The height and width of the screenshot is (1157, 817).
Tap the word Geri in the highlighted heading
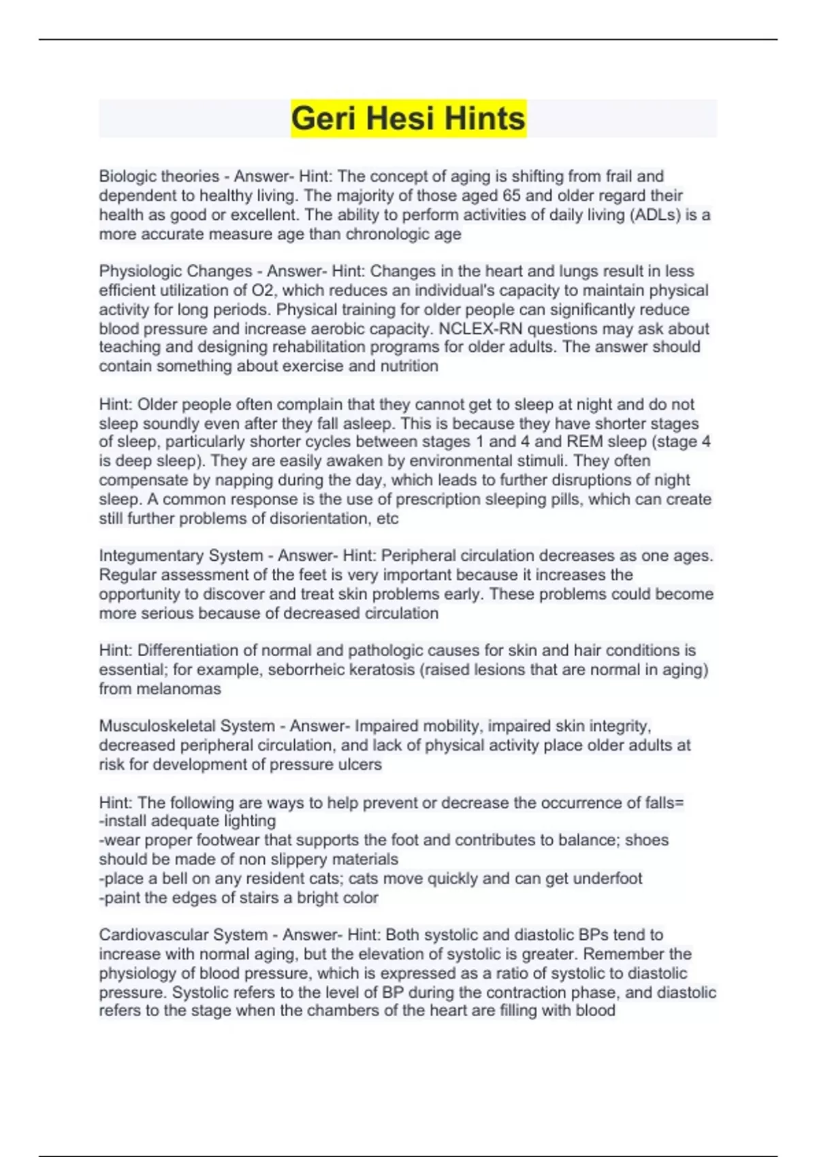(323, 118)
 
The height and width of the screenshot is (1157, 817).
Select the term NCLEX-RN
(481, 329)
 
